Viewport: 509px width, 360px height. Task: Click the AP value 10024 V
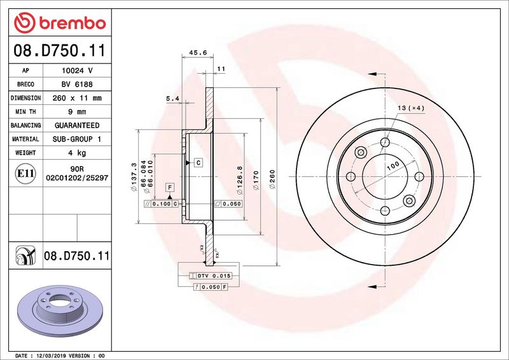[x=76, y=71]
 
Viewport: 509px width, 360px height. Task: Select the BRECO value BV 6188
[x=76, y=85]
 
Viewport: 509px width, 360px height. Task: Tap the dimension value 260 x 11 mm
[x=76, y=99]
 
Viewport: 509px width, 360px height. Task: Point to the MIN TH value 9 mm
[x=76, y=112]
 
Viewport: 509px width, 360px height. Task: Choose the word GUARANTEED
[x=76, y=125]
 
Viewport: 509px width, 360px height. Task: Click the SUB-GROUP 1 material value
[x=76, y=139]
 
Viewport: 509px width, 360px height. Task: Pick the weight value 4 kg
[x=76, y=153]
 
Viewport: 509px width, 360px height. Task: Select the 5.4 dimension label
[x=172, y=99]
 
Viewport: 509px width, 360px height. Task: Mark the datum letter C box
[x=198, y=163]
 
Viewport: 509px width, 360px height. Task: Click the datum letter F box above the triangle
[x=170, y=187]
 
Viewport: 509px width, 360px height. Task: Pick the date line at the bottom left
[x=59, y=354]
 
